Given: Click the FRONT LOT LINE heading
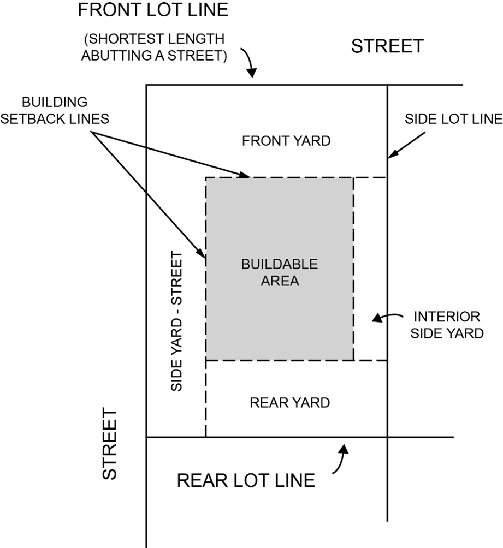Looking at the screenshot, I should [153, 10].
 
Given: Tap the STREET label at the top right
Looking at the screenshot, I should [387, 46].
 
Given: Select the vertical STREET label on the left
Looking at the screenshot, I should [110, 444].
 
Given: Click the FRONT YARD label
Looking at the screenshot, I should [286, 141].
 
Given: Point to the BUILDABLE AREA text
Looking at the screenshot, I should [279, 273].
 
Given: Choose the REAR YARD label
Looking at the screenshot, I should [290, 403].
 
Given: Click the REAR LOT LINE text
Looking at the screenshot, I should [246, 480].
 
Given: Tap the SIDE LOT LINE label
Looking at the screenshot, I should [453, 119].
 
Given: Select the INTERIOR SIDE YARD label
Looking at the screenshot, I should [447, 325].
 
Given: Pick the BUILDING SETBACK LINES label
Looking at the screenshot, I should [55, 111].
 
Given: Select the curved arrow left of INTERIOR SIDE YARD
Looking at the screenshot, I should [385, 318].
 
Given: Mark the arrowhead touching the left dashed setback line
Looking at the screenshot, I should [203, 255].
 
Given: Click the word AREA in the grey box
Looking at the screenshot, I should [279, 282].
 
